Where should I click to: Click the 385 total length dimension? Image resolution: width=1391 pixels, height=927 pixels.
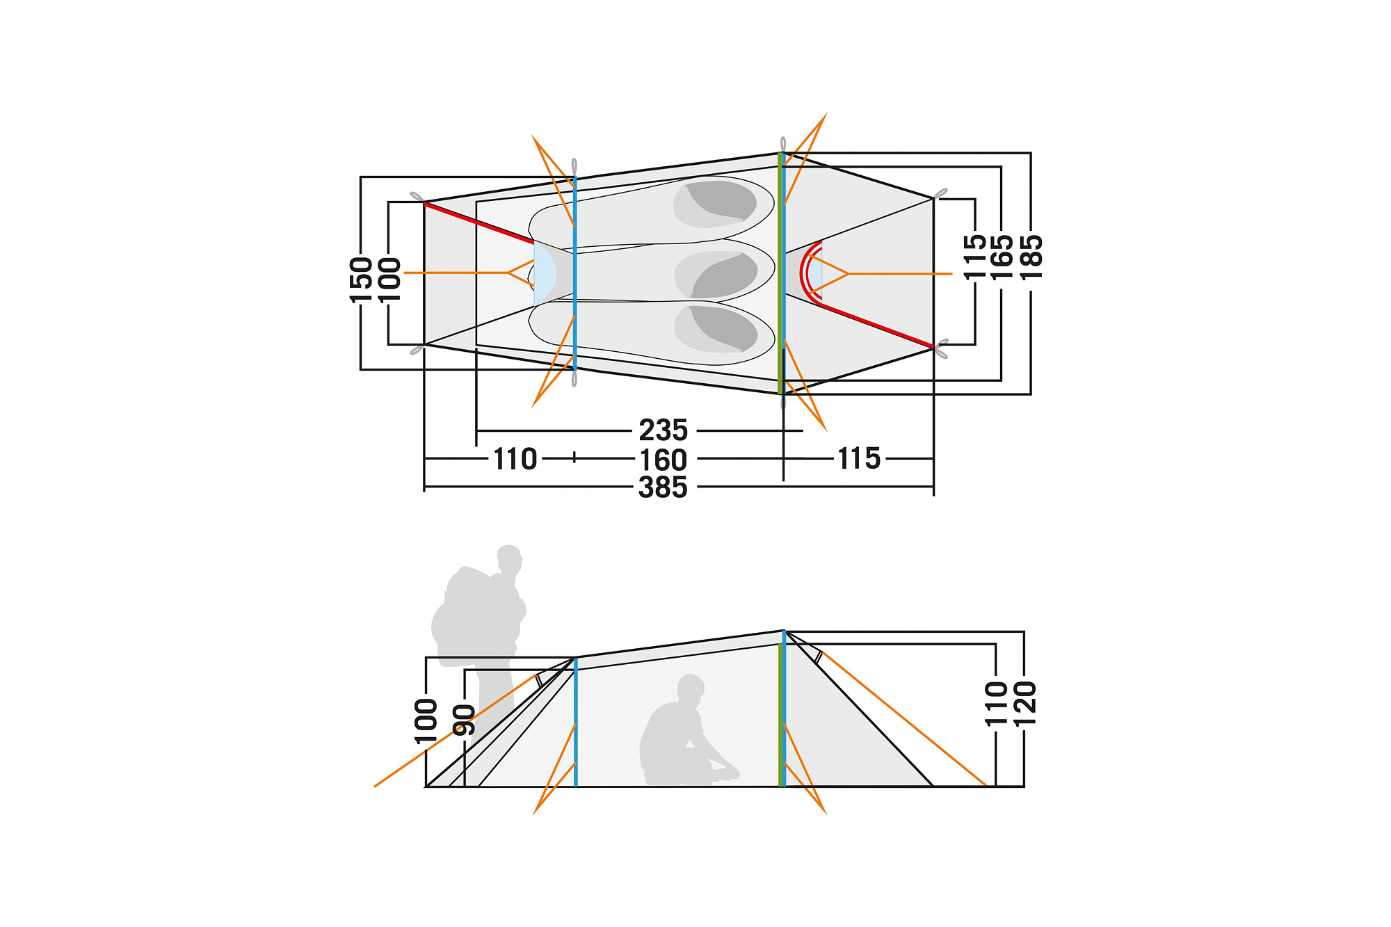663,487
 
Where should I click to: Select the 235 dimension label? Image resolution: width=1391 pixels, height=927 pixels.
663,430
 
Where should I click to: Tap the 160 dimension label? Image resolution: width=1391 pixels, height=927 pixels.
663,460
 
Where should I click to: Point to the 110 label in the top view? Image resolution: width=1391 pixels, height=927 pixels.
515,459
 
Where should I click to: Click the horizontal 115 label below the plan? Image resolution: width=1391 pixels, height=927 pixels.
859,458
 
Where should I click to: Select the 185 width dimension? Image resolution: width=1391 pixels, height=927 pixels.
1031,257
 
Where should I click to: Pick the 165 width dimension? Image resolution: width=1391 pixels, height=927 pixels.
1002,257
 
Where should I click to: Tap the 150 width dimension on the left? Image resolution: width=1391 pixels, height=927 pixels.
361,280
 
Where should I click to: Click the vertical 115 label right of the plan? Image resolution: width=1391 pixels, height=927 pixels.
975,257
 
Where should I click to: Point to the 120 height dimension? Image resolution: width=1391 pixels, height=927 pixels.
1025,703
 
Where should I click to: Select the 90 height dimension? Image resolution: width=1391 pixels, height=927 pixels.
464,719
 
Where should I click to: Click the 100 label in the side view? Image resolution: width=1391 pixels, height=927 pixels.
426,721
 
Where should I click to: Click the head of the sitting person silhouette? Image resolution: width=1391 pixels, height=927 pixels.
691,688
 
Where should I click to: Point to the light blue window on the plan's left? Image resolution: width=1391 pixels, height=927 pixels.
544,273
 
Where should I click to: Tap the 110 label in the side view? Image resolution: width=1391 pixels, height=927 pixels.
996,703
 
